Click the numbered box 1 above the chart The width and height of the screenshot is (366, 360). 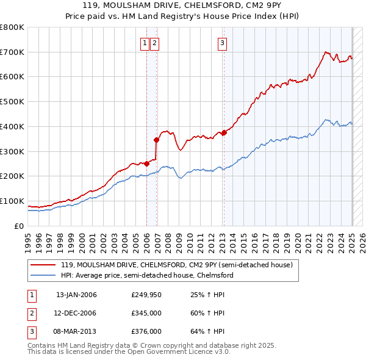point(145,43)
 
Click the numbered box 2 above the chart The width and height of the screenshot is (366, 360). point(155,43)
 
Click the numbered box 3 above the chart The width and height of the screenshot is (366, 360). point(223,43)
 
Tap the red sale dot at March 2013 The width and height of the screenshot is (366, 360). point(224,132)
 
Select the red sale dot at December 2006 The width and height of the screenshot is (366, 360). point(157,140)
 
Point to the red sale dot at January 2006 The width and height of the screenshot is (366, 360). point(147,164)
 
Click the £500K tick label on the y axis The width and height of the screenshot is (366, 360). point(12,102)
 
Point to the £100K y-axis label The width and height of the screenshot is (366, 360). point(12,201)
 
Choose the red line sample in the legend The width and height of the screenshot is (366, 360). point(44,265)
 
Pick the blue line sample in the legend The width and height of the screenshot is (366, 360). point(44,275)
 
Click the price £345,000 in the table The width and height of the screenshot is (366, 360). point(146,313)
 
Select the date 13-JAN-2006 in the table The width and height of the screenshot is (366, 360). point(76,295)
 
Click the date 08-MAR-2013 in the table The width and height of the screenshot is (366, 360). point(76,331)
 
